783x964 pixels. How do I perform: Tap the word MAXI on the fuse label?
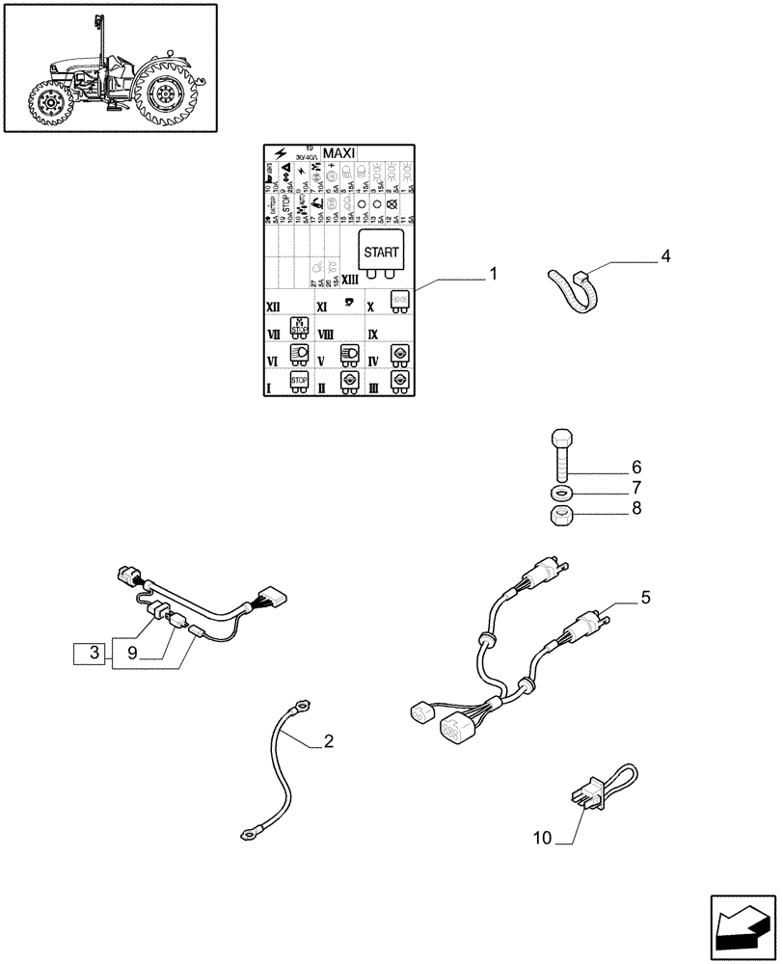click(x=338, y=152)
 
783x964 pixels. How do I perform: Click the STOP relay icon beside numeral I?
click(x=299, y=381)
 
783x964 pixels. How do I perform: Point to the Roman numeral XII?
click(x=274, y=305)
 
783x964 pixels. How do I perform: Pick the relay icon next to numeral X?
click(x=398, y=301)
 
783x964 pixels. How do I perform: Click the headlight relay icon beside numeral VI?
click(x=299, y=355)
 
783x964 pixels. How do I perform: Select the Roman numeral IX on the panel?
click(x=373, y=333)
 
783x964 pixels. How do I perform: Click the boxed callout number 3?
click(x=94, y=654)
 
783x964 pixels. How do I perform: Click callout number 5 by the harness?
click(x=645, y=598)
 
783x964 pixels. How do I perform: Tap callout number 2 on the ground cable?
click(x=329, y=741)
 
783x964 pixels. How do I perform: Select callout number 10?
click(x=542, y=839)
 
